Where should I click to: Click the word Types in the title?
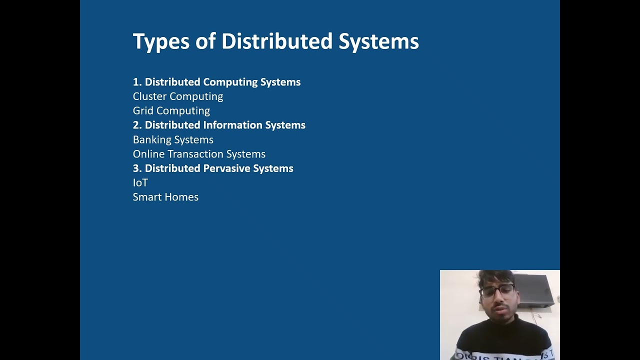(x=161, y=41)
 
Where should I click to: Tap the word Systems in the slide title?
(x=378, y=41)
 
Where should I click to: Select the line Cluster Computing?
(x=178, y=96)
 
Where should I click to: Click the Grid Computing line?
(x=171, y=111)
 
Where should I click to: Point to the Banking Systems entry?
(x=173, y=140)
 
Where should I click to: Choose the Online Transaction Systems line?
(x=199, y=154)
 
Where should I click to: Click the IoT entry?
(x=140, y=183)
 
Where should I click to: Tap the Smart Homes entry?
(x=165, y=197)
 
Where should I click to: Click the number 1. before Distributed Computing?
(x=137, y=82)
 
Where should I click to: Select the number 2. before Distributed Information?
(x=137, y=125)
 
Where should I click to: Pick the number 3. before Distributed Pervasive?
(x=137, y=168)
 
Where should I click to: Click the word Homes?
(x=183, y=197)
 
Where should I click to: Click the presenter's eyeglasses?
(x=496, y=291)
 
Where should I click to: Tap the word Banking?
(x=150, y=140)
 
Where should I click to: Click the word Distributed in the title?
(x=277, y=41)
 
